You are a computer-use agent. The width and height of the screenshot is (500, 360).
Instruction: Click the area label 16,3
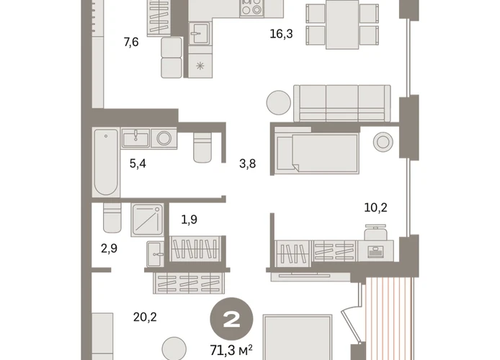click(281, 34)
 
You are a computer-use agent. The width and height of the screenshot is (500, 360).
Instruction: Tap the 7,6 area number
click(131, 42)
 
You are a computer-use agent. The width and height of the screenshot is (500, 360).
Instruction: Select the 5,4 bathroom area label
click(138, 163)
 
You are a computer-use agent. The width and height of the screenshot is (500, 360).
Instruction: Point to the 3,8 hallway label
click(247, 163)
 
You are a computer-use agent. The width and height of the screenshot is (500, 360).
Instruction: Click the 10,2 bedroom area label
click(375, 207)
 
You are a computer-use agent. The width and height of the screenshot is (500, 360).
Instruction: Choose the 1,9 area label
click(189, 220)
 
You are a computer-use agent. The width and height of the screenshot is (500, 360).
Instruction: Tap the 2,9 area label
click(109, 248)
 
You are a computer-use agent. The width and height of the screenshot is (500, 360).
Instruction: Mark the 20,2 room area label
click(145, 318)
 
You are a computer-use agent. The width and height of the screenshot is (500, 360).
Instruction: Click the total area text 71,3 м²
click(231, 350)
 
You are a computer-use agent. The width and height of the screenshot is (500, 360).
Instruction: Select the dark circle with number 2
click(231, 319)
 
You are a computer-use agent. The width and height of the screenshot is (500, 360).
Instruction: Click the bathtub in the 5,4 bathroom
click(106, 163)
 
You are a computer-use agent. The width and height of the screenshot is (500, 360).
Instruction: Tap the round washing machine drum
click(164, 138)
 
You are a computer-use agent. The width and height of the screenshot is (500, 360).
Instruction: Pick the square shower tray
click(147, 220)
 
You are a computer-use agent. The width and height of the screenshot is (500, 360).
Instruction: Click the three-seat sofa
click(341, 103)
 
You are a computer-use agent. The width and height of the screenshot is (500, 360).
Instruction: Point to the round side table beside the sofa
click(279, 102)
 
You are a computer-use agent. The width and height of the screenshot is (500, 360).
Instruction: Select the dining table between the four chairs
click(342, 24)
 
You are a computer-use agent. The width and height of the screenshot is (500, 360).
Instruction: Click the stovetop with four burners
click(252, 8)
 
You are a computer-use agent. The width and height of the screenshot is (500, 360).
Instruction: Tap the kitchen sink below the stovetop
click(200, 33)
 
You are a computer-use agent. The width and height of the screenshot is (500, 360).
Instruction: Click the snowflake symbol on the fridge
click(200, 66)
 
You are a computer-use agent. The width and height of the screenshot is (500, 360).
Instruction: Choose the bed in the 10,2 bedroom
click(317, 150)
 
